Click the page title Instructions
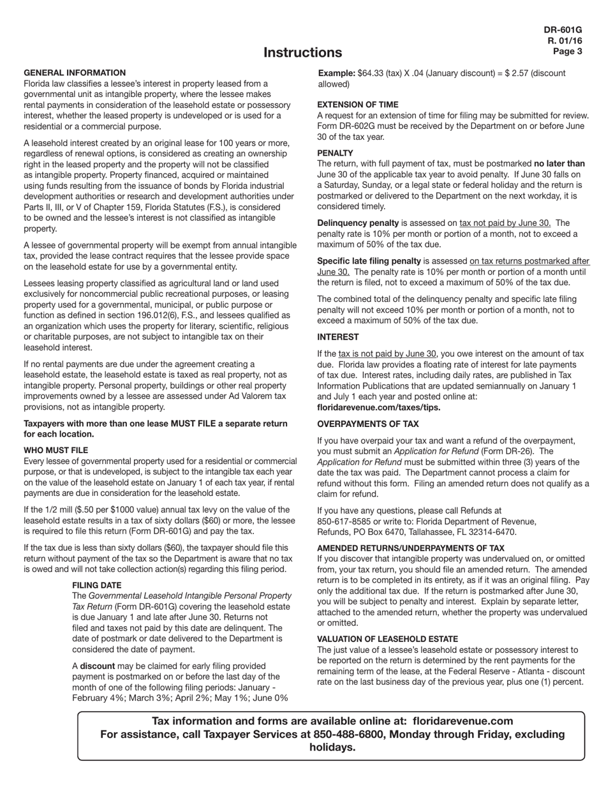pos(302,52)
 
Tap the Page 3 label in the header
pos(567,52)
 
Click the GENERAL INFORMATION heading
pos(75,73)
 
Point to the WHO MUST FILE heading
pos(55,451)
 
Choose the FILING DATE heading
pos(96,585)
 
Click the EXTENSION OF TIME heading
pos(358,105)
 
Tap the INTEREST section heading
pos(338,337)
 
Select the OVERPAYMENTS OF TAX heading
pos(368,424)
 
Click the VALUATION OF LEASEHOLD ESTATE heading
pos(387,639)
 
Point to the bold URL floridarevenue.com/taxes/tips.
pos(379,407)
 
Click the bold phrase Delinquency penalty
pos(358,223)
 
